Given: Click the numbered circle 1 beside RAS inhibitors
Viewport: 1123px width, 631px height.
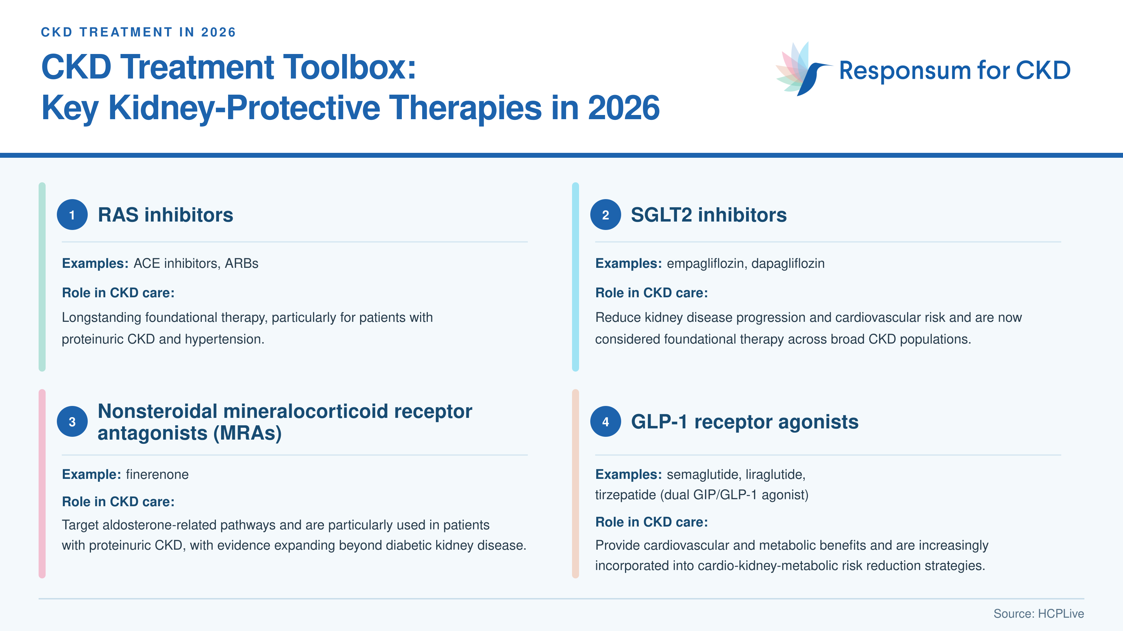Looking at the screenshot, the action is point(72,215).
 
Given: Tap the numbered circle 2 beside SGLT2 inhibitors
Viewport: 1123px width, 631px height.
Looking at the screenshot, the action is point(605,215).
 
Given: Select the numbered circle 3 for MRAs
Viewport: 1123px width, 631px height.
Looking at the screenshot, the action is point(72,421).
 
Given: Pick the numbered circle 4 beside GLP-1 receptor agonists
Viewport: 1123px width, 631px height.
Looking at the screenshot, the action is point(605,421).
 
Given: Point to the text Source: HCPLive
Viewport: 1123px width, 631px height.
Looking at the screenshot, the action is point(1038,613).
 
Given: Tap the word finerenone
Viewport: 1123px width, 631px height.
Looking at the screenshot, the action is point(157,474).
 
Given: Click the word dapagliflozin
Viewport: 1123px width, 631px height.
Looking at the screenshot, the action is point(788,264).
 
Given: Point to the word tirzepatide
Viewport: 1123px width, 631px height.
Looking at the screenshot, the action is point(626,495).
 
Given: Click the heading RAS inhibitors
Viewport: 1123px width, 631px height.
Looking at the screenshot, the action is point(165,215).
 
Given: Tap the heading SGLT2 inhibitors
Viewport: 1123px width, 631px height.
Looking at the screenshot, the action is point(709,215).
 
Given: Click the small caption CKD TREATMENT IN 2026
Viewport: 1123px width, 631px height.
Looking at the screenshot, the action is point(138,32).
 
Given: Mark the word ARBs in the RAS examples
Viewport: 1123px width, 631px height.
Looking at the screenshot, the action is point(241,264).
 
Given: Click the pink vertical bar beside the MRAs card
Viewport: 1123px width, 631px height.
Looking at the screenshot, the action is point(42,483).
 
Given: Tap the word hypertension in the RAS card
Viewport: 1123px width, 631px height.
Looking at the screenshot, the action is point(224,340).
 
